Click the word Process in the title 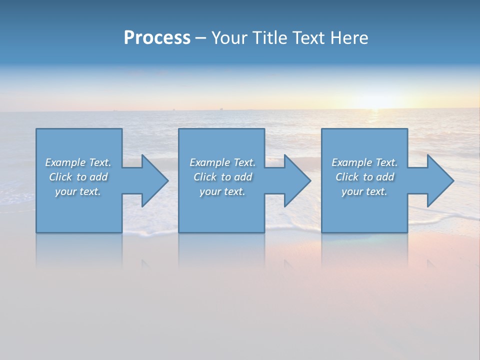tap(157, 38)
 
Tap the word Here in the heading tap(349, 38)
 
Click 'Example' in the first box tap(65, 162)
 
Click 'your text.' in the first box tap(78, 191)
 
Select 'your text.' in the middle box tap(222, 191)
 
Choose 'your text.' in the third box tap(364, 191)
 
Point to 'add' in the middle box tap(243, 177)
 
